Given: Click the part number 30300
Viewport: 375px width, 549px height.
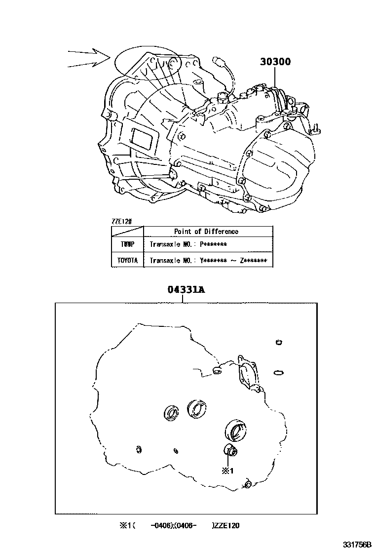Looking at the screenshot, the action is tap(276, 62).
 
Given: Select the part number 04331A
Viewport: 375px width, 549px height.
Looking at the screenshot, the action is tap(185, 290).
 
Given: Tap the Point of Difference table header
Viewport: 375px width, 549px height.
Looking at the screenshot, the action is tap(206, 231).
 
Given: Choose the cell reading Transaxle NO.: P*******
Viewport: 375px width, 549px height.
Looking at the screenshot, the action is tap(188, 244).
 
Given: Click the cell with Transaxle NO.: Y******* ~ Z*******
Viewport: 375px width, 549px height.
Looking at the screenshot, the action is tap(208, 260).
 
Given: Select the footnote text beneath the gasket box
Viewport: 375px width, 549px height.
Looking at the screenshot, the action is tap(179, 526).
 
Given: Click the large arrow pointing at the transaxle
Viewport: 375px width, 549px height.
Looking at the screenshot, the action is tap(89, 58).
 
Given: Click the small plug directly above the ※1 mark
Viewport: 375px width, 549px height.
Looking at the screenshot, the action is tap(230, 450).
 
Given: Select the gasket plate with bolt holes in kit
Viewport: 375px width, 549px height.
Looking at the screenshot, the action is tap(249, 370).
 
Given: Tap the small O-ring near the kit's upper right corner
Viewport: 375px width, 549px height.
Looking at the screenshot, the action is tap(279, 343).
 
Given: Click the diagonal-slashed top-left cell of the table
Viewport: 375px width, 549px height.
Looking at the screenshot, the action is tap(127, 231).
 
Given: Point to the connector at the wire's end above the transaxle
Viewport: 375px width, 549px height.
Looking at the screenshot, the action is tap(219, 61).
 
